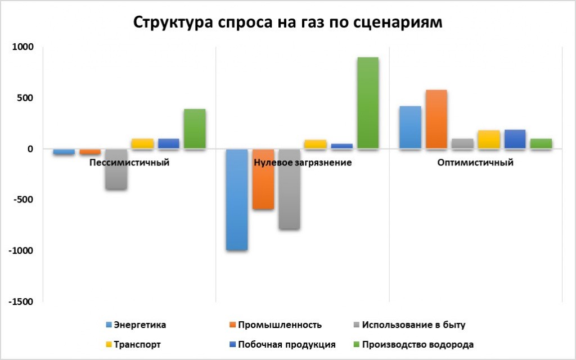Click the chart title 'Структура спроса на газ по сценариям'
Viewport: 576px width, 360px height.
tap(288, 22)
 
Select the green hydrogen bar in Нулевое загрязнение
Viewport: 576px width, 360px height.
tap(367, 103)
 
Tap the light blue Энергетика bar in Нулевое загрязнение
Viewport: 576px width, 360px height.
tap(236, 200)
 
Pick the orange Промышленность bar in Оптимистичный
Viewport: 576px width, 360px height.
tap(436, 119)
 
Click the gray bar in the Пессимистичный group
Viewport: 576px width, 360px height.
tap(116, 169)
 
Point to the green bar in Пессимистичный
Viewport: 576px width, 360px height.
tap(194, 129)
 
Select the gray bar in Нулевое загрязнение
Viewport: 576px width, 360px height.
tap(289, 190)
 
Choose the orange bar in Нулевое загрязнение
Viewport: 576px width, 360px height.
tap(263, 179)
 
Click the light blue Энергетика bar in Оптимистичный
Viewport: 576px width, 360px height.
tap(409, 128)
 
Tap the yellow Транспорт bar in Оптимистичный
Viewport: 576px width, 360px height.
tap(489, 139)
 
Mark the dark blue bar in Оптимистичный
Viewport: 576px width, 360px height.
tap(515, 139)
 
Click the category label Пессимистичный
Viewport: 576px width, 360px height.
tap(129, 163)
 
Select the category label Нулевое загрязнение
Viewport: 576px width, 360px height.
tap(303, 163)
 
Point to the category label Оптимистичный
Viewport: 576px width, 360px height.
tap(475, 163)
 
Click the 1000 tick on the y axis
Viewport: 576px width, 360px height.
tap(24, 47)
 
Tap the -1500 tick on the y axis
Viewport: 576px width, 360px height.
tap(21, 301)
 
